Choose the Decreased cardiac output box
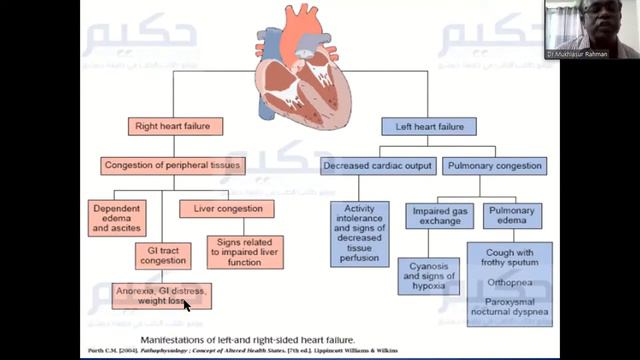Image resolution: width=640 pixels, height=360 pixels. pos(377,165)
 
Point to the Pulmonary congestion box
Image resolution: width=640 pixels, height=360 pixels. pos(494,165)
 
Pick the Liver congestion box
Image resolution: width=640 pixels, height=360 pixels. pos(227,209)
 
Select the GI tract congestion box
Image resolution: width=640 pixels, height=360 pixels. pos(163,254)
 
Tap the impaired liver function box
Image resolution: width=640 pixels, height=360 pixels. pos(245,251)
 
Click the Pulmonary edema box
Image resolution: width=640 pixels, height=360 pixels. pos(512,216)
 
